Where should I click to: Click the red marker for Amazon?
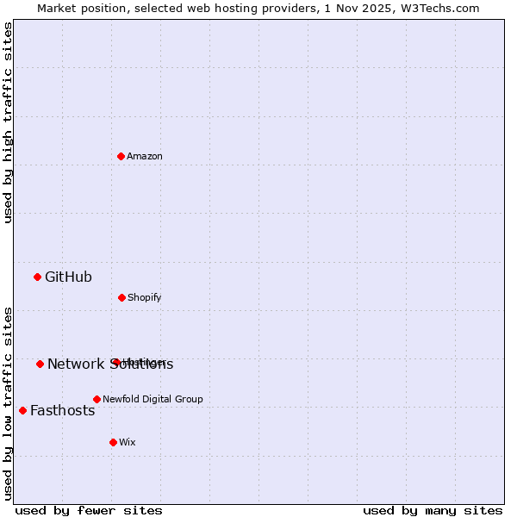click(x=121, y=156)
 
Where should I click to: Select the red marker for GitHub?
click(x=37, y=277)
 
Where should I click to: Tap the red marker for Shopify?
click(x=121, y=297)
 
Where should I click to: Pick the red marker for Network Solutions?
click(x=40, y=364)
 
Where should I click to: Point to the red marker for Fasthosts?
click(x=22, y=410)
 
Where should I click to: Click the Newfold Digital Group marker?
click(x=97, y=399)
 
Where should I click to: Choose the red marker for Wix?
click(x=113, y=442)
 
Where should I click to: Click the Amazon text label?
click(x=145, y=156)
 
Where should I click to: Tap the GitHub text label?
click(x=68, y=277)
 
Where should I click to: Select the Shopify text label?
click(x=145, y=297)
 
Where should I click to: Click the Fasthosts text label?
click(x=62, y=410)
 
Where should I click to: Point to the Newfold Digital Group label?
click(x=153, y=399)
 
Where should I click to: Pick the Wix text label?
click(x=128, y=442)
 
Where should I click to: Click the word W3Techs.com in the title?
click(x=442, y=8)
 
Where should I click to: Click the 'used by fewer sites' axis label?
click(x=89, y=510)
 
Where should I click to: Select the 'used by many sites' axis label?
click(x=433, y=510)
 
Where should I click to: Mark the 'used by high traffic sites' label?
click(x=8, y=122)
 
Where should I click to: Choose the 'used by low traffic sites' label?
click(x=8, y=402)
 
